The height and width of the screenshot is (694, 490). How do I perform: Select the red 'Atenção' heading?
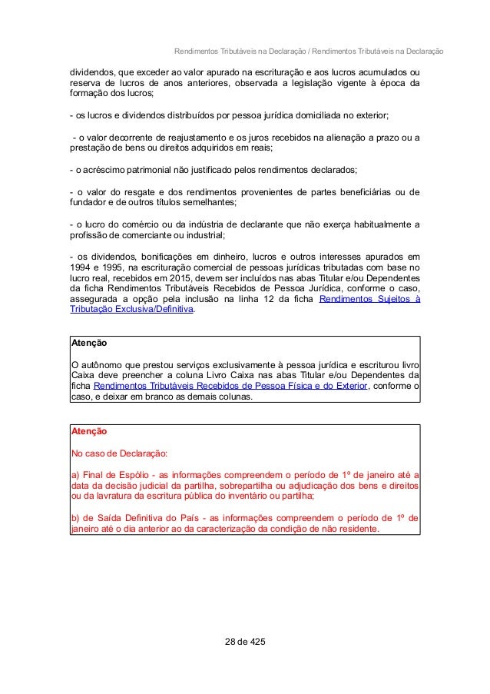[88, 432]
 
